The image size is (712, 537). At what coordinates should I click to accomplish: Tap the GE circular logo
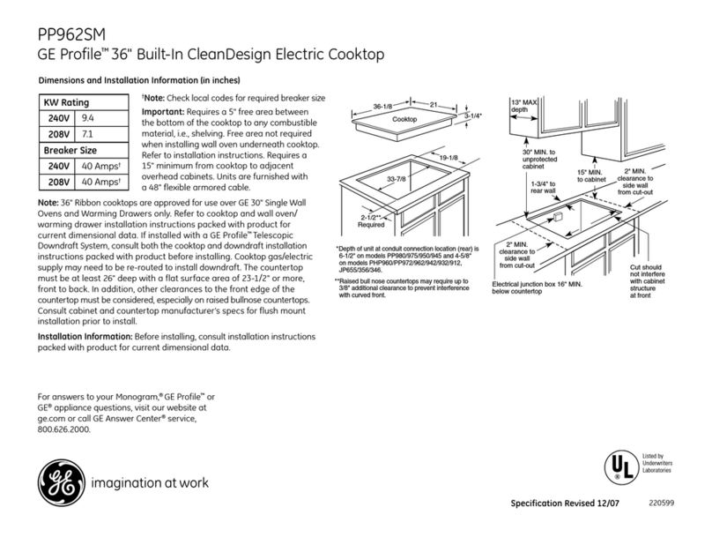[x=56, y=484]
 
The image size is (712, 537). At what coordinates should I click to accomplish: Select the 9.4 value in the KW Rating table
[x=89, y=117]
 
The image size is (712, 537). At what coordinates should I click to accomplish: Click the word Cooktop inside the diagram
[x=404, y=118]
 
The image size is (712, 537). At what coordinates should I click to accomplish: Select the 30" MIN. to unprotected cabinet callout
[x=539, y=160]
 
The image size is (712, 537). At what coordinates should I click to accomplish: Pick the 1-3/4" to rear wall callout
[x=543, y=188]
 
